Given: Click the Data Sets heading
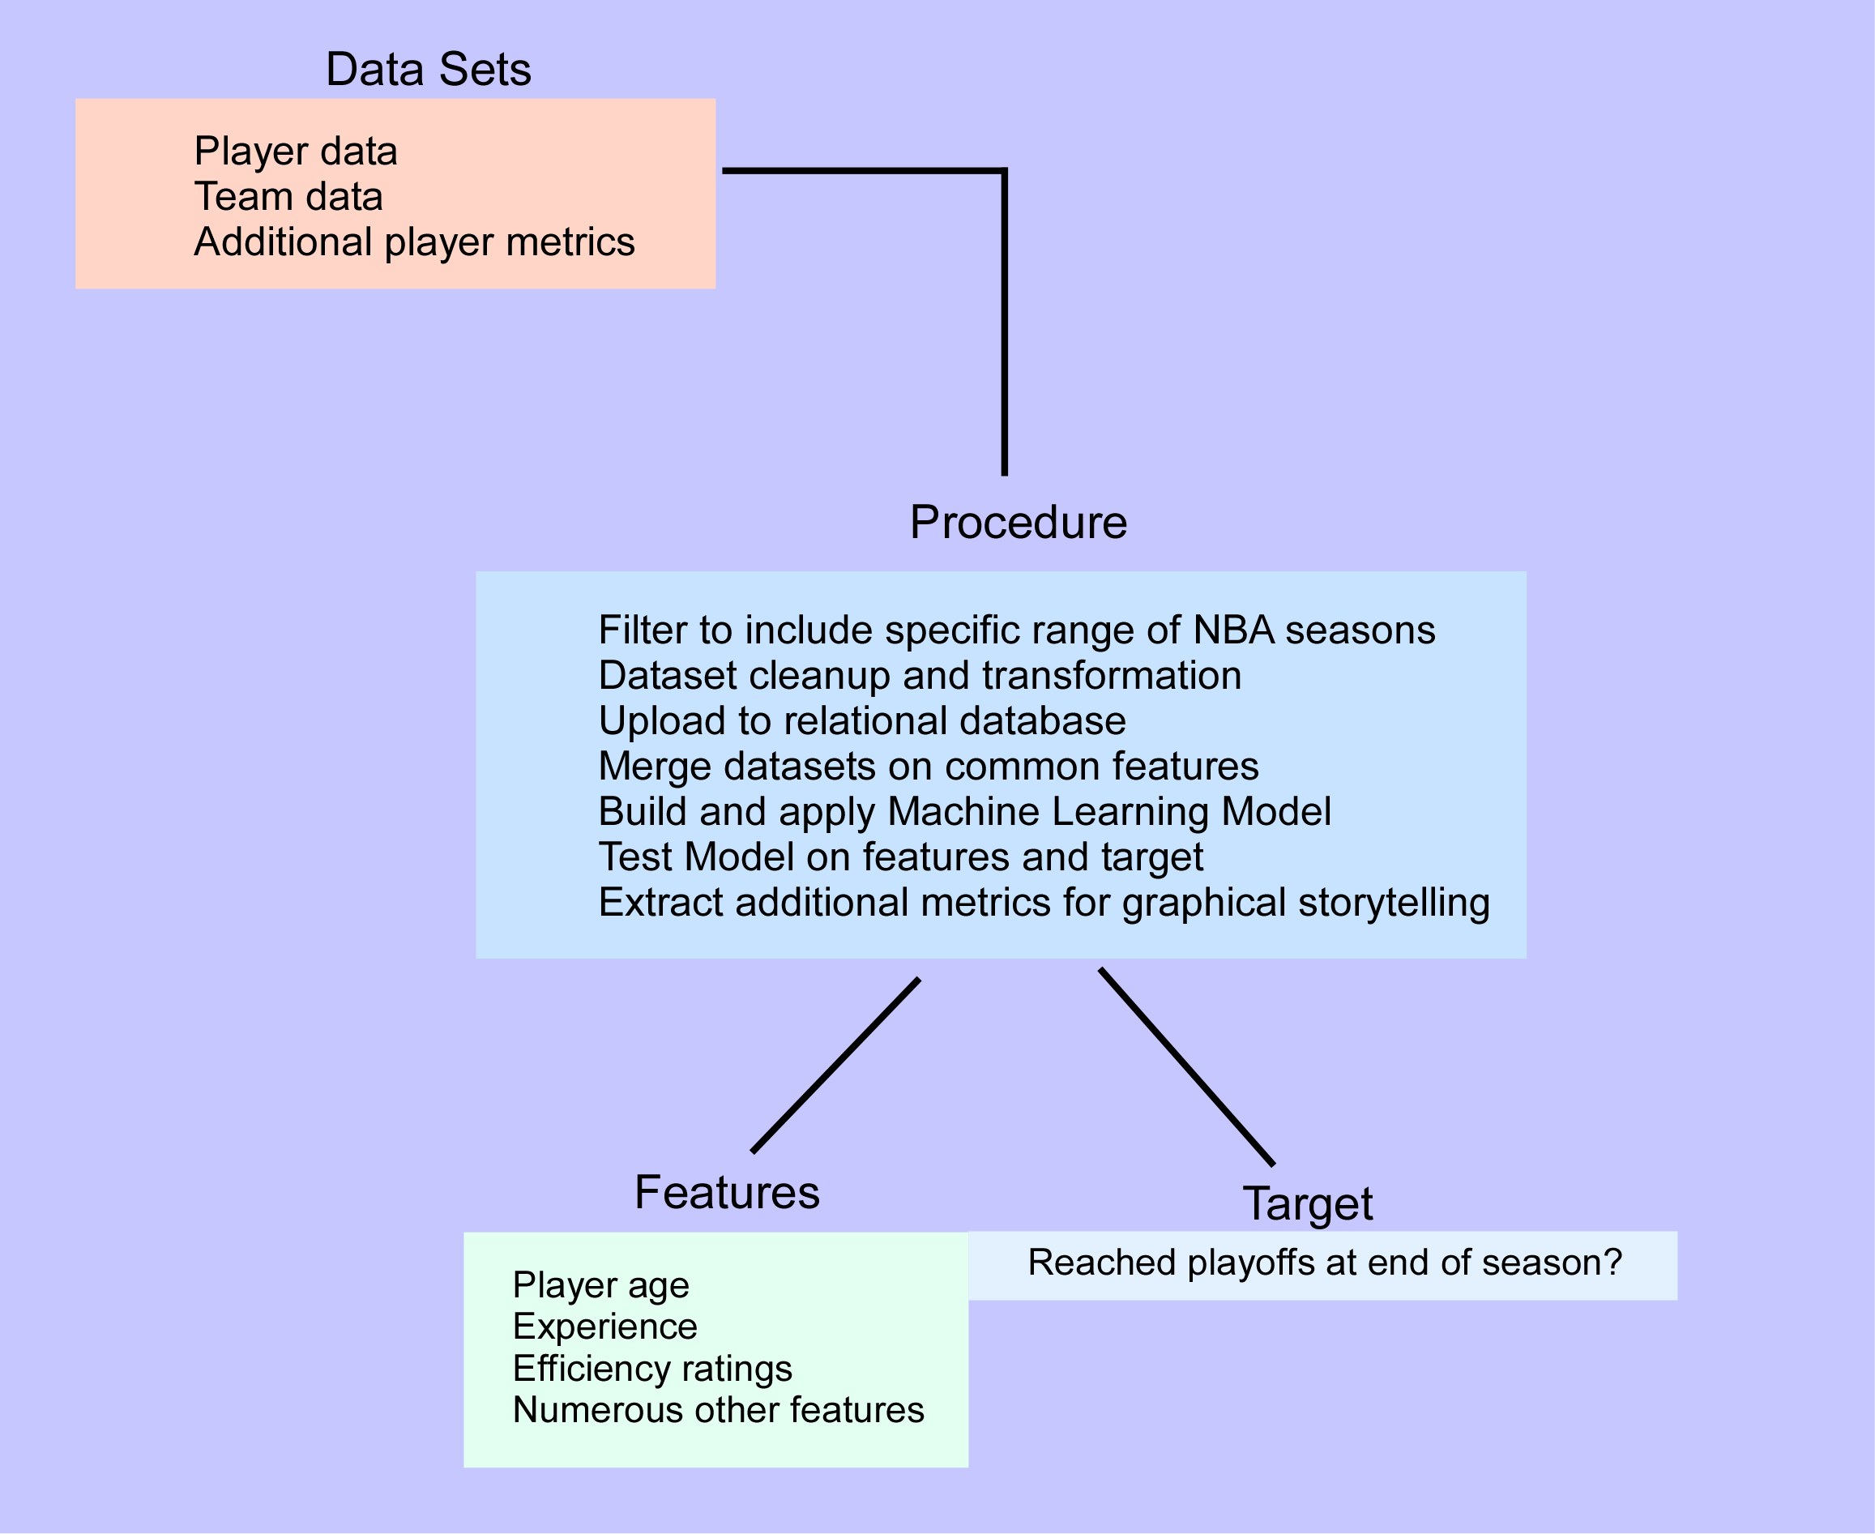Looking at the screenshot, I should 428,69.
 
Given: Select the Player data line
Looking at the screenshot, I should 295,151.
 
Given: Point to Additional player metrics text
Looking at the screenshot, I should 413,242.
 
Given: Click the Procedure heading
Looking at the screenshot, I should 1018,522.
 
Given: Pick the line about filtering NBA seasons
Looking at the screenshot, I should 1016,630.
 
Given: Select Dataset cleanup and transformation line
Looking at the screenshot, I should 919,675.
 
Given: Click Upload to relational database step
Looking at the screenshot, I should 861,720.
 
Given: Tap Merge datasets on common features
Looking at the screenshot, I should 928,765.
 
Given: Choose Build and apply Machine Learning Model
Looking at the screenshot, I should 964,811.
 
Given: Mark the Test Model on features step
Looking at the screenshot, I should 900,857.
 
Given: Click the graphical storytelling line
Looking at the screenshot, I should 1044,902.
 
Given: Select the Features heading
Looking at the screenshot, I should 726,1192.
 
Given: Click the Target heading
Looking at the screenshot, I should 1307,1203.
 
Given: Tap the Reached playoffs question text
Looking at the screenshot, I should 1325,1263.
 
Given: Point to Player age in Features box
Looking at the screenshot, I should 600,1284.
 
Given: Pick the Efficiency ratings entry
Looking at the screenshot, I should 652,1368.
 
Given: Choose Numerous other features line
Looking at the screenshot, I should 717,1409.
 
